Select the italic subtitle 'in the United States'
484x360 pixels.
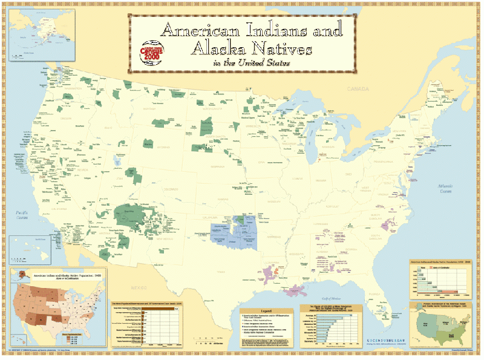(x=250, y=62)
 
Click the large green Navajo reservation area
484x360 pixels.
(x=129, y=215)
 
